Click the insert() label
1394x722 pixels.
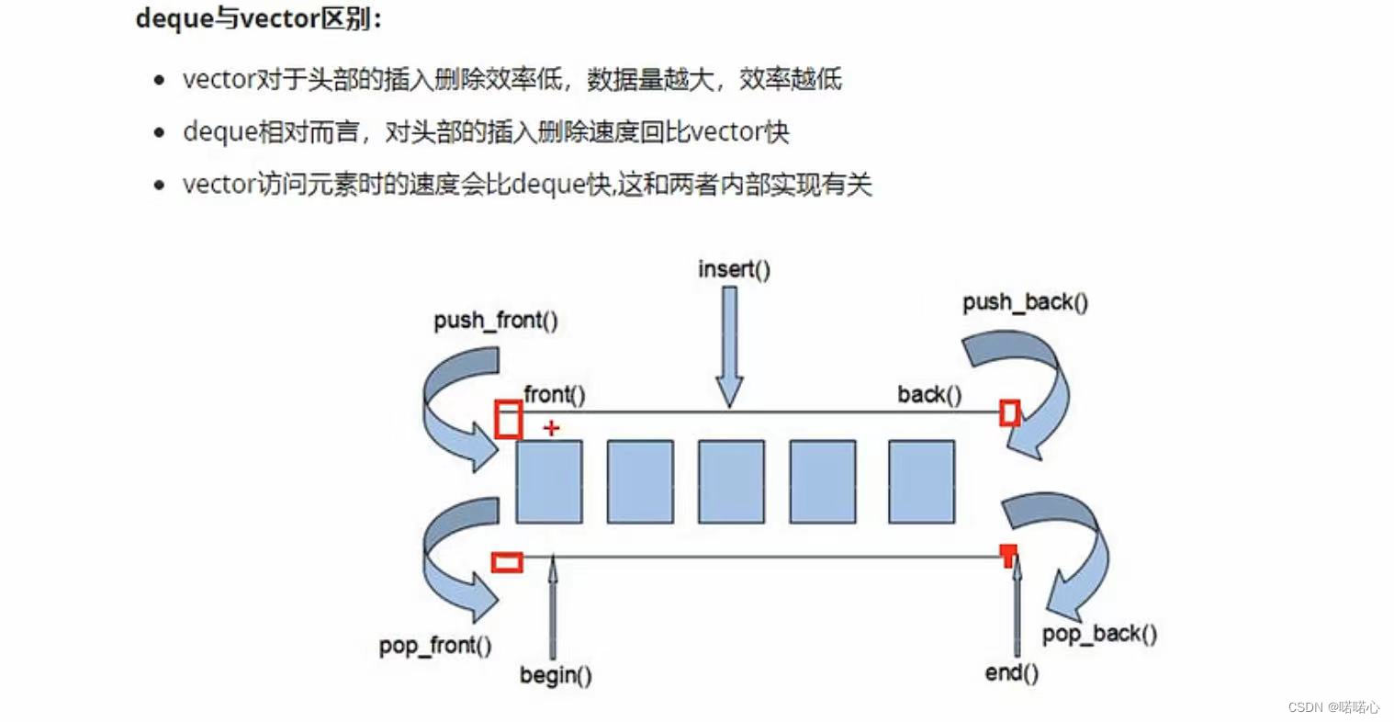734,269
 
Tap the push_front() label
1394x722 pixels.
495,321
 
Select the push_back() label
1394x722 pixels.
1025,302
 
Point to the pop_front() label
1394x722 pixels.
434,646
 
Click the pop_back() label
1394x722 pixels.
1098,634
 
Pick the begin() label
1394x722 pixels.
555,675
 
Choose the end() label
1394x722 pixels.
1011,672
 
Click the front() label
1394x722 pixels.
554,395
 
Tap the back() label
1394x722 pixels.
929,395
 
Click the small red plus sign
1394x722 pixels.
551,427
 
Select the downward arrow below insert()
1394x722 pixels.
729,345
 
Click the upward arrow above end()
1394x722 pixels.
1016,606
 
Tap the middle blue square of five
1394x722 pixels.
731,481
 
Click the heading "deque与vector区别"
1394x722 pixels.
258,19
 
